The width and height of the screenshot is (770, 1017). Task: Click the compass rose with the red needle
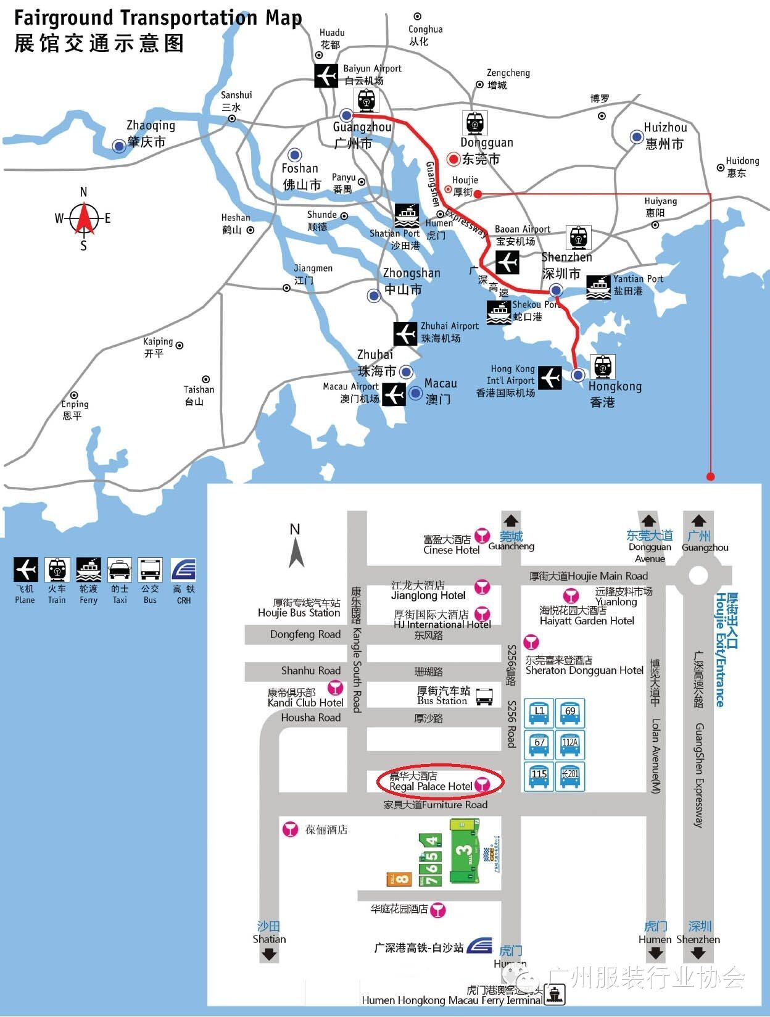pyautogui.click(x=84, y=218)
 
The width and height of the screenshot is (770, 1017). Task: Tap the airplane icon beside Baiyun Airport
pyautogui.click(x=326, y=76)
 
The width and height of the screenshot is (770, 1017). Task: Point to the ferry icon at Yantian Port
pyautogui.click(x=598, y=287)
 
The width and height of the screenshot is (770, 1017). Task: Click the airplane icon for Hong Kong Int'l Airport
pyautogui.click(x=549, y=378)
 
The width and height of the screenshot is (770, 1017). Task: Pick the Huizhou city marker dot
pyautogui.click(x=636, y=136)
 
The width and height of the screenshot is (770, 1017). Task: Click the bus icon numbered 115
pyautogui.click(x=539, y=776)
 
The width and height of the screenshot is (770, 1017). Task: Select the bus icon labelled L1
pyautogui.click(x=539, y=713)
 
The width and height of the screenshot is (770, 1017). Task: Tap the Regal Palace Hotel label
pyautogui.click(x=431, y=782)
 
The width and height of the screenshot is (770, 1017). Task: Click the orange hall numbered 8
pyautogui.click(x=399, y=878)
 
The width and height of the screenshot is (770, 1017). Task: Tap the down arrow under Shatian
pyautogui.click(x=269, y=954)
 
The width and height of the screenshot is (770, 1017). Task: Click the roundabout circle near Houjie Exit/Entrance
pyautogui.click(x=698, y=575)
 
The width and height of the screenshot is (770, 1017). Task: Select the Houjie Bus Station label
pyautogui.click(x=299, y=608)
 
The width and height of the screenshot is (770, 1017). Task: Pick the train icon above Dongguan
pyautogui.click(x=474, y=123)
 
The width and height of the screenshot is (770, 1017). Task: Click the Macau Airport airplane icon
pyautogui.click(x=393, y=394)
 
